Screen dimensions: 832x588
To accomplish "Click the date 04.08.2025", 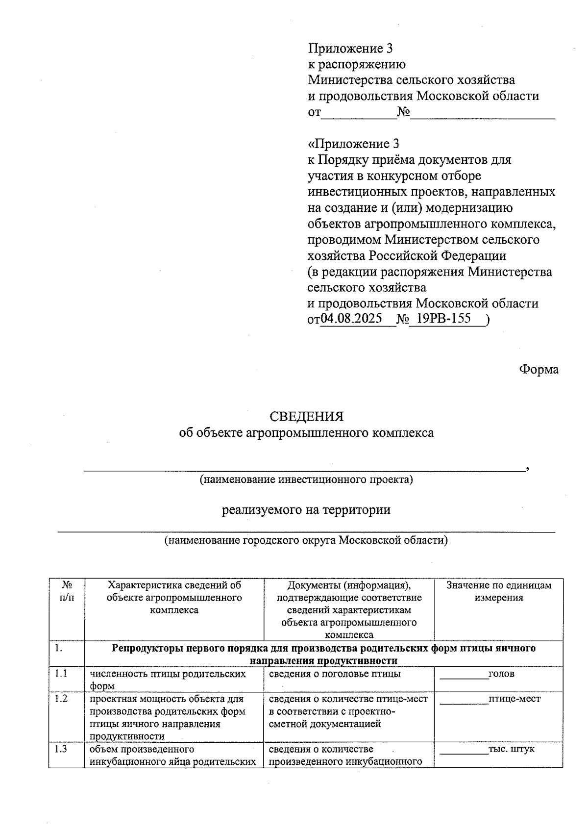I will click(x=351, y=319).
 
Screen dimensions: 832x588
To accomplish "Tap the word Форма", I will click(x=539, y=369).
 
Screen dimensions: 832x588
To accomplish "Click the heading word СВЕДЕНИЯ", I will click(x=307, y=416).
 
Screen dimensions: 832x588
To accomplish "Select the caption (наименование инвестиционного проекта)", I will click(x=306, y=479).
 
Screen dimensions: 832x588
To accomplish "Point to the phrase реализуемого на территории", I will click(x=306, y=510).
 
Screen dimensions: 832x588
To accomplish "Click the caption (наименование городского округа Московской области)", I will click(x=306, y=540).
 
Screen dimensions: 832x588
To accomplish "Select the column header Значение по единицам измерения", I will click(x=498, y=591).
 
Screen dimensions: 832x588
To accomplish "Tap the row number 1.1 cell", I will click(x=61, y=673).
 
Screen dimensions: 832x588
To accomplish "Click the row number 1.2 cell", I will click(x=61, y=699).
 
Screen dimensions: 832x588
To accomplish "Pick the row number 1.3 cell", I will click(x=61, y=749).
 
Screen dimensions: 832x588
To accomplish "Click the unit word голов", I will click(x=501, y=674).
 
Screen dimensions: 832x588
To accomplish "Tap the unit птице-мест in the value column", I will click(x=514, y=699).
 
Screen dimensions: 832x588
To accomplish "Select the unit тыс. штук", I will click(x=511, y=749).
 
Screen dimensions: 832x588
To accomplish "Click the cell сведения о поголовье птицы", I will click(x=335, y=674).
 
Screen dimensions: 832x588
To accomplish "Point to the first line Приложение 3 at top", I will click(x=350, y=49).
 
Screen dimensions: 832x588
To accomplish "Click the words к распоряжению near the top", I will click(x=356, y=64).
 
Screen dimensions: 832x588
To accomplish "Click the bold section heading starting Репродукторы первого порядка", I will click(x=323, y=655).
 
